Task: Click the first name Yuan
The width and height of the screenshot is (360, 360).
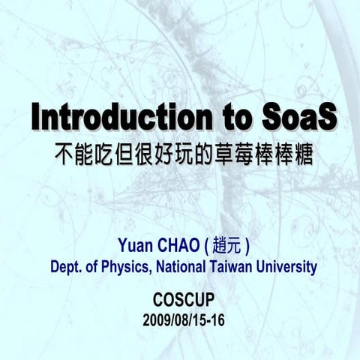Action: click(x=134, y=245)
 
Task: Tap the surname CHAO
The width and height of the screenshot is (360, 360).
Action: click(x=176, y=245)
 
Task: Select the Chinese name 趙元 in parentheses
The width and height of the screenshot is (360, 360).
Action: click(x=226, y=245)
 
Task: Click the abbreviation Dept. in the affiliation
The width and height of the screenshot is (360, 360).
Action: click(x=66, y=266)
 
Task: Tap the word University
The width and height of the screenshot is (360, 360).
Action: click(x=287, y=266)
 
